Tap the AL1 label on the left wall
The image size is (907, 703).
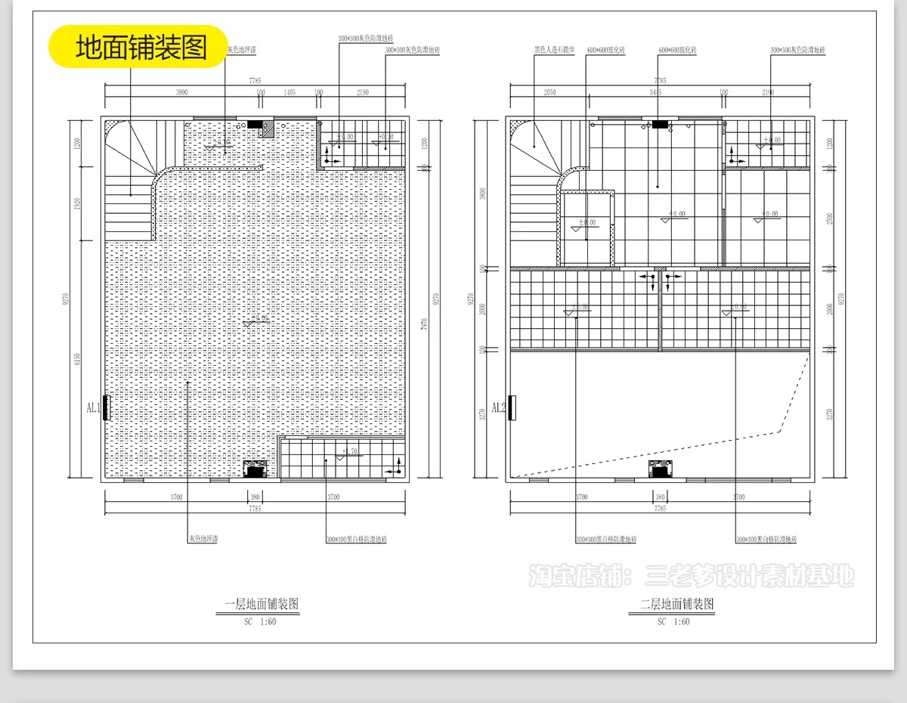point(94,408)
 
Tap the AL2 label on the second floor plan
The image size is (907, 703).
point(499,408)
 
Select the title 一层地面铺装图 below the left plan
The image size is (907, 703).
point(262,605)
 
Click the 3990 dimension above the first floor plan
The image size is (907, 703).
point(182,92)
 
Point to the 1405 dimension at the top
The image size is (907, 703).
point(289,92)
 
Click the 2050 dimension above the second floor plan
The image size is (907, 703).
point(549,92)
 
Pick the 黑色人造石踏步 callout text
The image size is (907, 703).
point(554,50)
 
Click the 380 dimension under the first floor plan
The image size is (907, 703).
point(255,497)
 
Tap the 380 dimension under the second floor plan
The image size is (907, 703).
point(660,497)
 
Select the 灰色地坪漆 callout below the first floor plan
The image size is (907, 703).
point(203,540)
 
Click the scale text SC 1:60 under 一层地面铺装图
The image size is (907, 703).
point(261,622)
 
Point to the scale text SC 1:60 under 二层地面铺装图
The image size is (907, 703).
point(673,622)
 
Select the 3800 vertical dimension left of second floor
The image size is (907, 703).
point(483,193)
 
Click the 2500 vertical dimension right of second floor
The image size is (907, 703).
point(831,218)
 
